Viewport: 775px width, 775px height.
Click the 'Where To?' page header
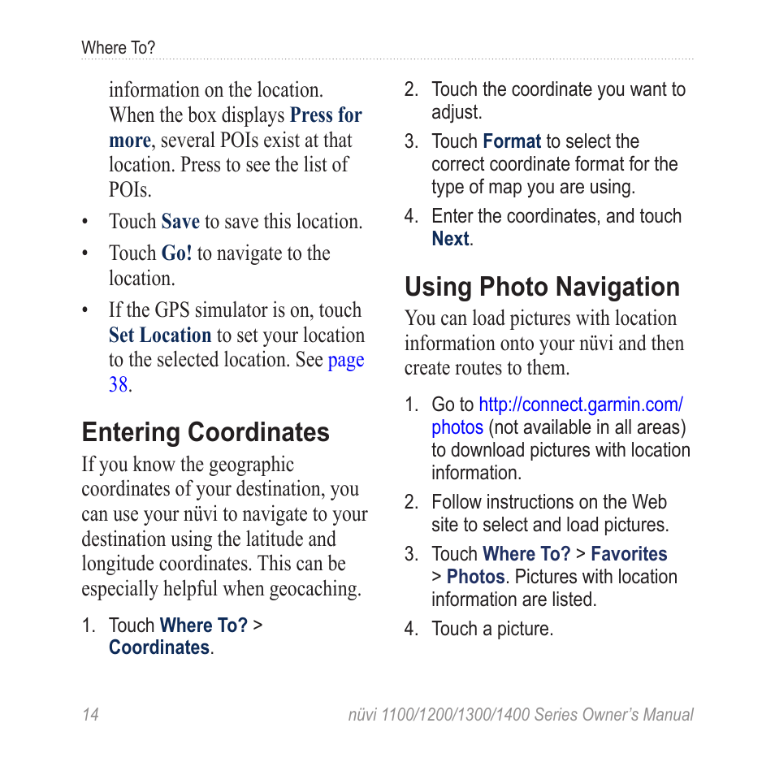pyautogui.click(x=118, y=48)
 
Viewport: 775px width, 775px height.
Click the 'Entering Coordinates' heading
pyautogui.click(x=206, y=432)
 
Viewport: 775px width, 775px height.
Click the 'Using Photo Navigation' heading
pyautogui.click(x=542, y=288)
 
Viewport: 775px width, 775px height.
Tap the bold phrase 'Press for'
pyautogui.click(x=326, y=115)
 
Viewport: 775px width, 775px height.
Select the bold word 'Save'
pyautogui.click(x=180, y=222)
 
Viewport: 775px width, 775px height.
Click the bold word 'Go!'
pyautogui.click(x=176, y=253)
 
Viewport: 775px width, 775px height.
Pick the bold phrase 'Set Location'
pyautogui.click(x=160, y=336)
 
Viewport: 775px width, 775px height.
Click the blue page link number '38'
pyautogui.click(x=118, y=385)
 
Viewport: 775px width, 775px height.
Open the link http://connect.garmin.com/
pyautogui.click(x=580, y=405)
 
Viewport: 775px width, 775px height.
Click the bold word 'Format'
pyautogui.click(x=511, y=141)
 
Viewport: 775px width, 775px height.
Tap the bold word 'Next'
pyautogui.click(x=450, y=239)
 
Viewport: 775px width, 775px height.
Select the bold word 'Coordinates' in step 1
pyautogui.click(x=159, y=647)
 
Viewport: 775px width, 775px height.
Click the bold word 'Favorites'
pyautogui.click(x=628, y=554)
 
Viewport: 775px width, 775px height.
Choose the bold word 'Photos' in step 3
pyautogui.click(x=475, y=577)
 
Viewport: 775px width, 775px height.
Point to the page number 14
pyautogui.click(x=90, y=715)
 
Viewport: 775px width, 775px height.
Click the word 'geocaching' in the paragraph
pyautogui.click(x=314, y=589)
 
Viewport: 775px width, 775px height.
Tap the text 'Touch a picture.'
pyautogui.click(x=491, y=629)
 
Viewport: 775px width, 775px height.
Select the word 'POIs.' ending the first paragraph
pyautogui.click(x=130, y=190)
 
